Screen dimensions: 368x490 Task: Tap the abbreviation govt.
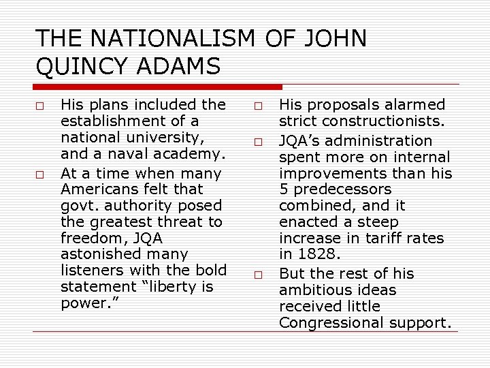76,205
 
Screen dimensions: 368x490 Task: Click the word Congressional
330,322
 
